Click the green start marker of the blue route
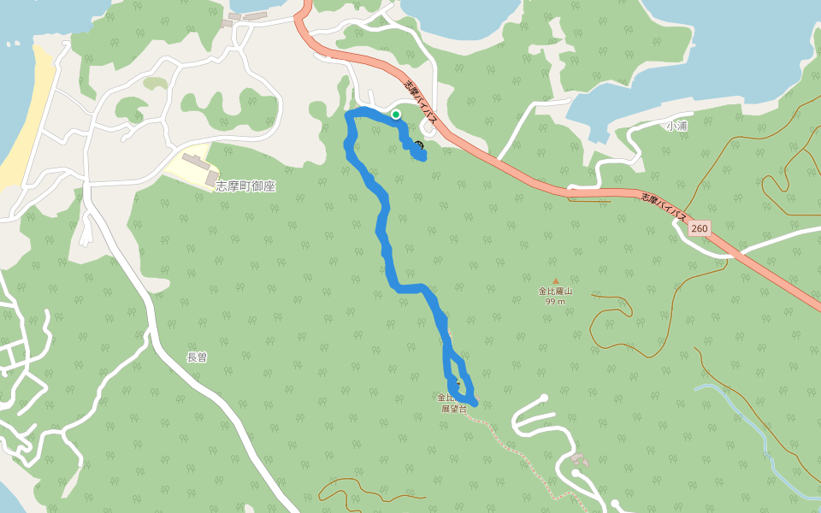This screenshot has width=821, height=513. (x=396, y=114)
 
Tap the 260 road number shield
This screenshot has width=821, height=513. (x=700, y=228)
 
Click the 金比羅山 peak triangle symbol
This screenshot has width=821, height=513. (x=555, y=280)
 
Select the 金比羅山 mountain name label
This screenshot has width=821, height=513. (x=554, y=291)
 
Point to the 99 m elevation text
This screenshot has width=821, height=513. (x=555, y=301)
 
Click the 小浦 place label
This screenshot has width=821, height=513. (x=676, y=126)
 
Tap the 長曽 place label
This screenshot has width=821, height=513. (x=197, y=357)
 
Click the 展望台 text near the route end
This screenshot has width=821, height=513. (x=454, y=409)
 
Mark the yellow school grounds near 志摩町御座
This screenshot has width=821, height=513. (x=190, y=166)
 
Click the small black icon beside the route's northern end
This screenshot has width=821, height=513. (x=419, y=144)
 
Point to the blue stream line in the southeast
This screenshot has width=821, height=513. (x=753, y=427)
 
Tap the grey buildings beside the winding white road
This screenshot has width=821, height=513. (x=580, y=460)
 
